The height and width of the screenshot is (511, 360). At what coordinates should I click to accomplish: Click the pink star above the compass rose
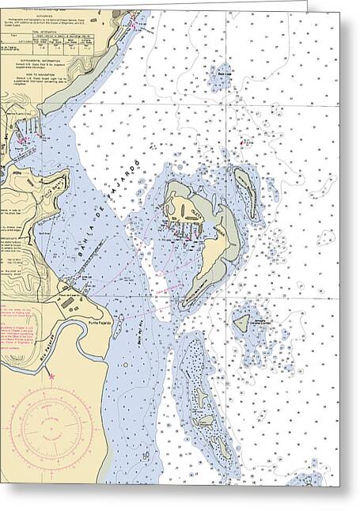[x=52, y=377]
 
